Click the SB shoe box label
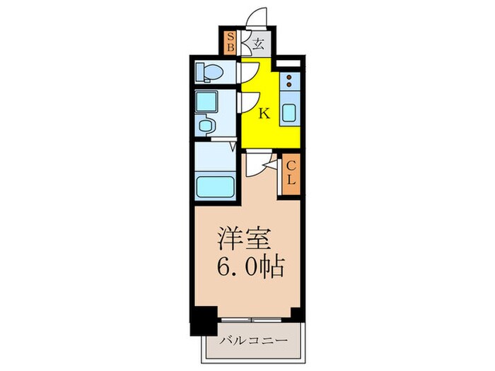point(229,42)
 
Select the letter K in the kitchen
point(262,112)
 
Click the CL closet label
point(290,172)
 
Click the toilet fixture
point(208,71)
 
